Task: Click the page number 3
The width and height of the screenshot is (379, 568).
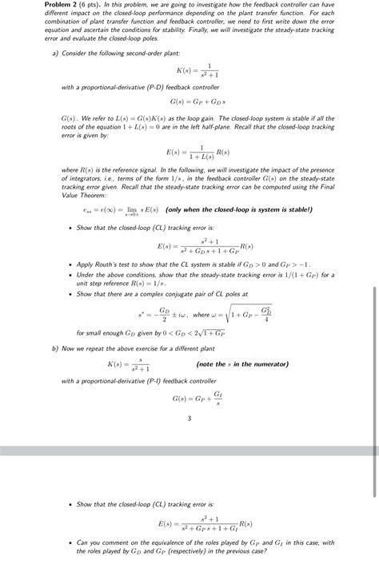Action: pos(189,419)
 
